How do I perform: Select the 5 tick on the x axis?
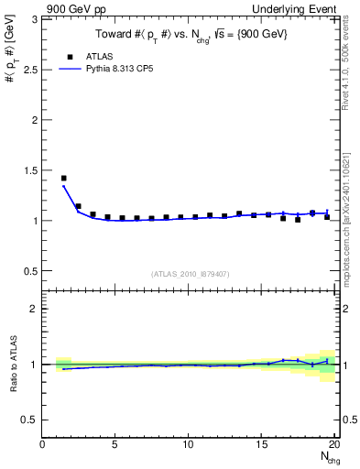point(115,444)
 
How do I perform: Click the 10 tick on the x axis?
point(188,444)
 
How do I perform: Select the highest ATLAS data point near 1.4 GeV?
point(63,179)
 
